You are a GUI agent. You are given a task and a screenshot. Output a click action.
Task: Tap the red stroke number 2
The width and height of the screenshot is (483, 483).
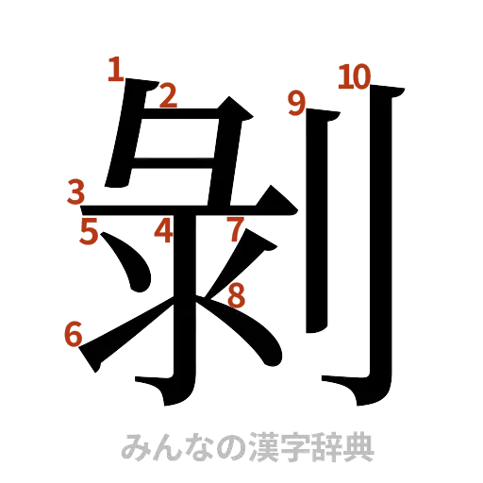[x=167, y=93]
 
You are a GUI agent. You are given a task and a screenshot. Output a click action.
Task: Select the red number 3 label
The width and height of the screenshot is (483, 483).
[x=78, y=192]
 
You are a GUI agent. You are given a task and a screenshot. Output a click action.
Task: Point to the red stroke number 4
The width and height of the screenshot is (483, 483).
[x=164, y=229]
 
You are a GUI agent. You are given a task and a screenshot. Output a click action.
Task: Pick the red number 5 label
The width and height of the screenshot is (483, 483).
[x=88, y=231]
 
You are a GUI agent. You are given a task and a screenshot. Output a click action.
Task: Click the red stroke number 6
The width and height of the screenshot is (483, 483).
[x=72, y=333]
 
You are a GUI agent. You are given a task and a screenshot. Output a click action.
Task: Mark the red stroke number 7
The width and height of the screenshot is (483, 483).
[x=235, y=227]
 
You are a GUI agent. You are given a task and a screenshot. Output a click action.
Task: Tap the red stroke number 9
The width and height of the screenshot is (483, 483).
[x=297, y=100]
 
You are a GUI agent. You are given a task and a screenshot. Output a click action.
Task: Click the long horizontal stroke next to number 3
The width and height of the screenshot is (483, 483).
[x=189, y=205]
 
